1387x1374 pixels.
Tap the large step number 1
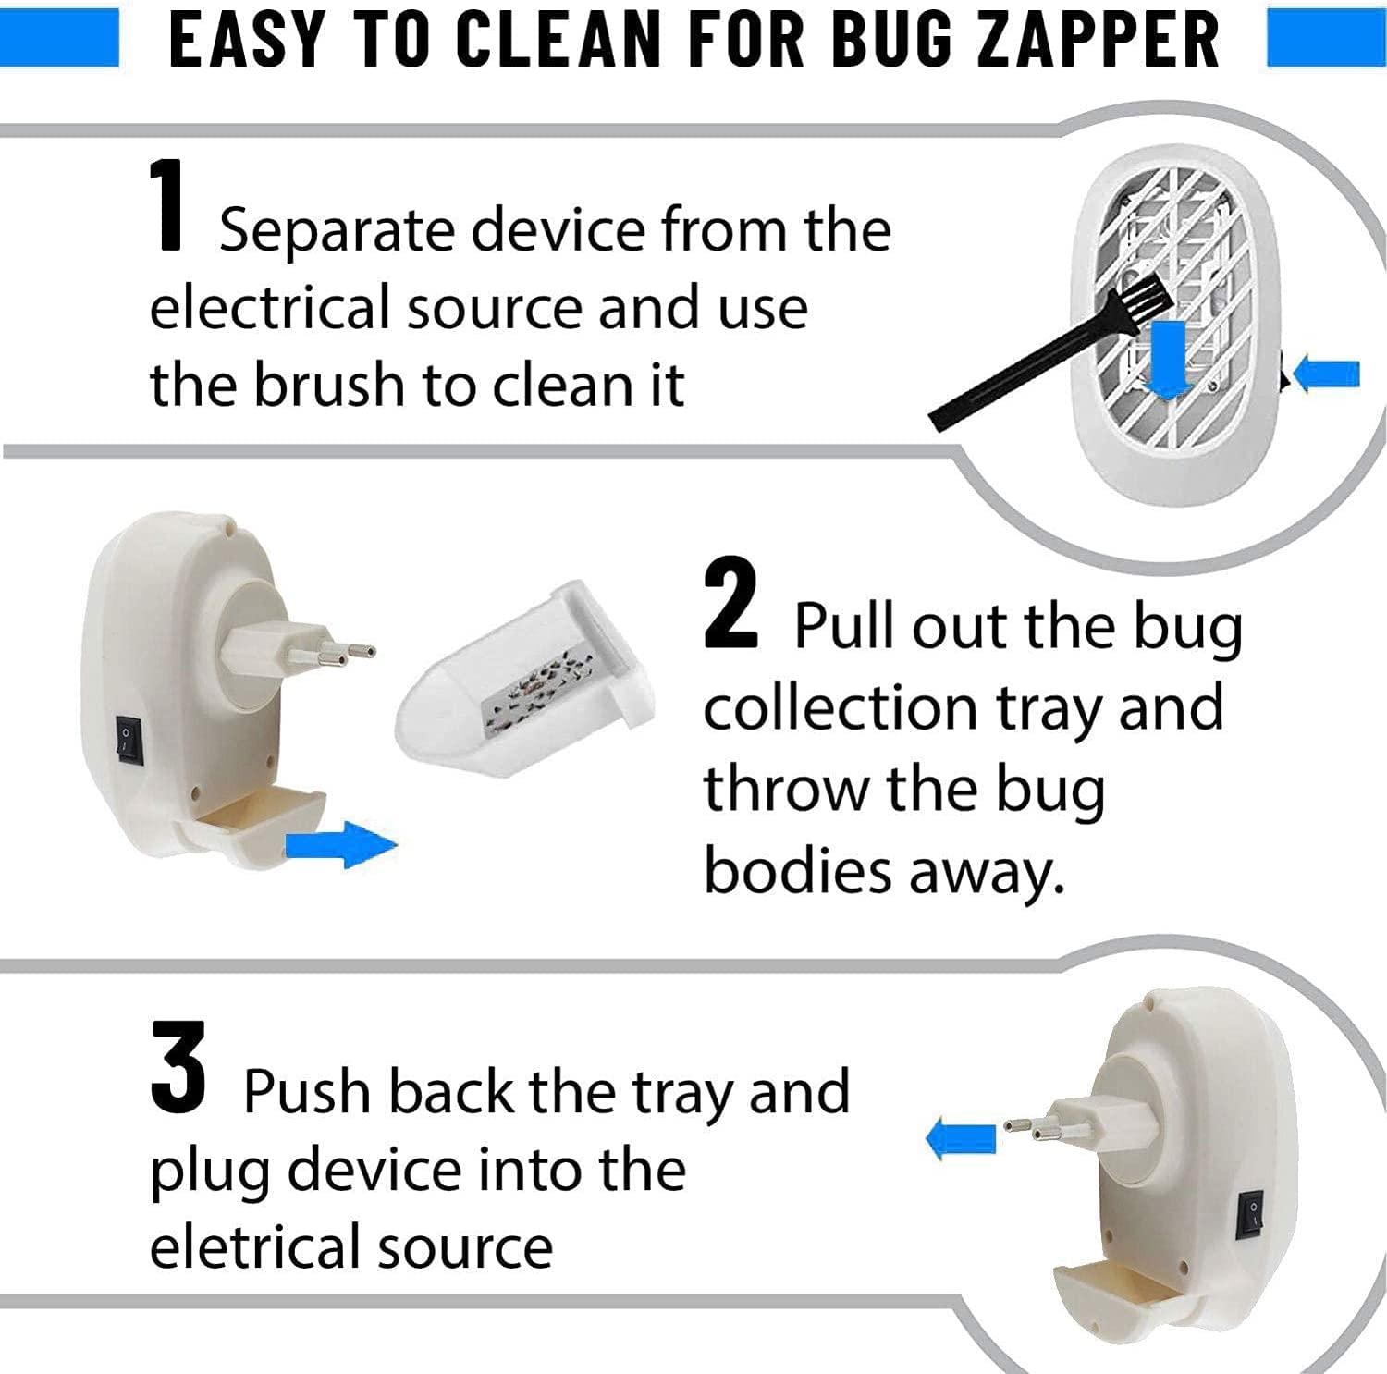coord(169,204)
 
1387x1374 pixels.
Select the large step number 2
coord(730,603)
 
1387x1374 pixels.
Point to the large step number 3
coord(178,1067)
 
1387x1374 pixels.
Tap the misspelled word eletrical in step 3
coord(254,1245)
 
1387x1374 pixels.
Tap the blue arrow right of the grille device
coord(1327,374)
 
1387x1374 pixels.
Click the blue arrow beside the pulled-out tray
coord(341,844)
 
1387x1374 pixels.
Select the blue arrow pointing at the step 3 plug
coord(961,1138)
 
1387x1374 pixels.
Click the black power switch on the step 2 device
coord(130,741)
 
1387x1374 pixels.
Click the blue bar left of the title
coord(59,38)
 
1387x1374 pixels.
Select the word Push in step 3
coord(308,1091)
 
